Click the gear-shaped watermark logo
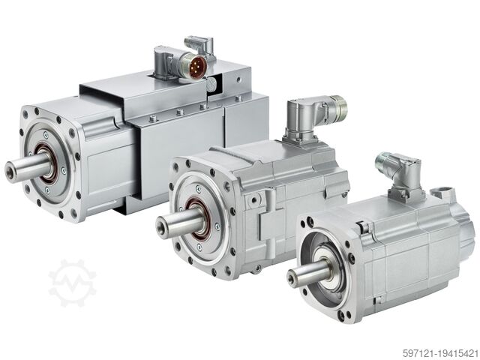pyautogui.click(x=73, y=283)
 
